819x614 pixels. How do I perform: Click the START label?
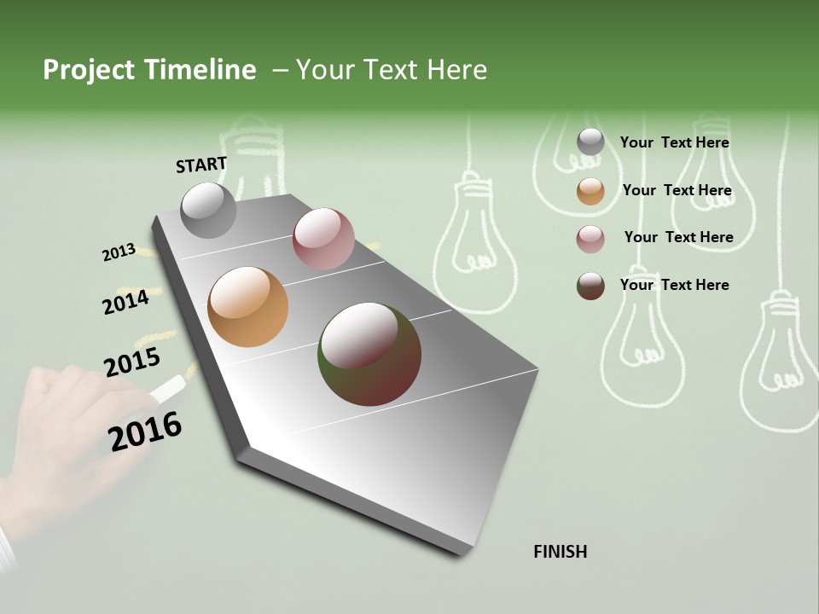point(201,165)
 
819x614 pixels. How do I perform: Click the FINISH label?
point(560,552)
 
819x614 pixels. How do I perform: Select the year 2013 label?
point(119,252)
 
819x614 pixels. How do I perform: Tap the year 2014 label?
point(126,302)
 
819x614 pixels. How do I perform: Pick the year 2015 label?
point(132,362)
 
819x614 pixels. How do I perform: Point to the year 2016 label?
point(145,432)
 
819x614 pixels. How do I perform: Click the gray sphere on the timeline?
point(209,210)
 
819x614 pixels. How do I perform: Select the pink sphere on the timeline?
point(323,239)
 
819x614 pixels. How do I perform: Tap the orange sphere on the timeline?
point(248,307)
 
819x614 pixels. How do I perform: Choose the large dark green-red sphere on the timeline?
point(369,354)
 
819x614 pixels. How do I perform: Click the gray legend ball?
point(590,142)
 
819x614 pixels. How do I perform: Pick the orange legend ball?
point(590,191)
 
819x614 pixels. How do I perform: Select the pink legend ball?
point(590,239)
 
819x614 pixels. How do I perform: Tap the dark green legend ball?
point(590,286)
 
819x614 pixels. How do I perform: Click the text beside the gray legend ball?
point(674,142)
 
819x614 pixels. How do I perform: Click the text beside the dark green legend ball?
point(674,285)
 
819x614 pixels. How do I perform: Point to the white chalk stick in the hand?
point(167,387)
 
